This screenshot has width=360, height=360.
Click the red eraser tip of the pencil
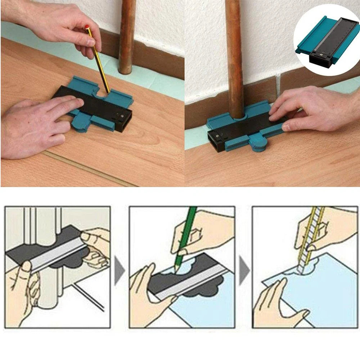87,27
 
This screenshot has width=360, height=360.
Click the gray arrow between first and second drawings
120,269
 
